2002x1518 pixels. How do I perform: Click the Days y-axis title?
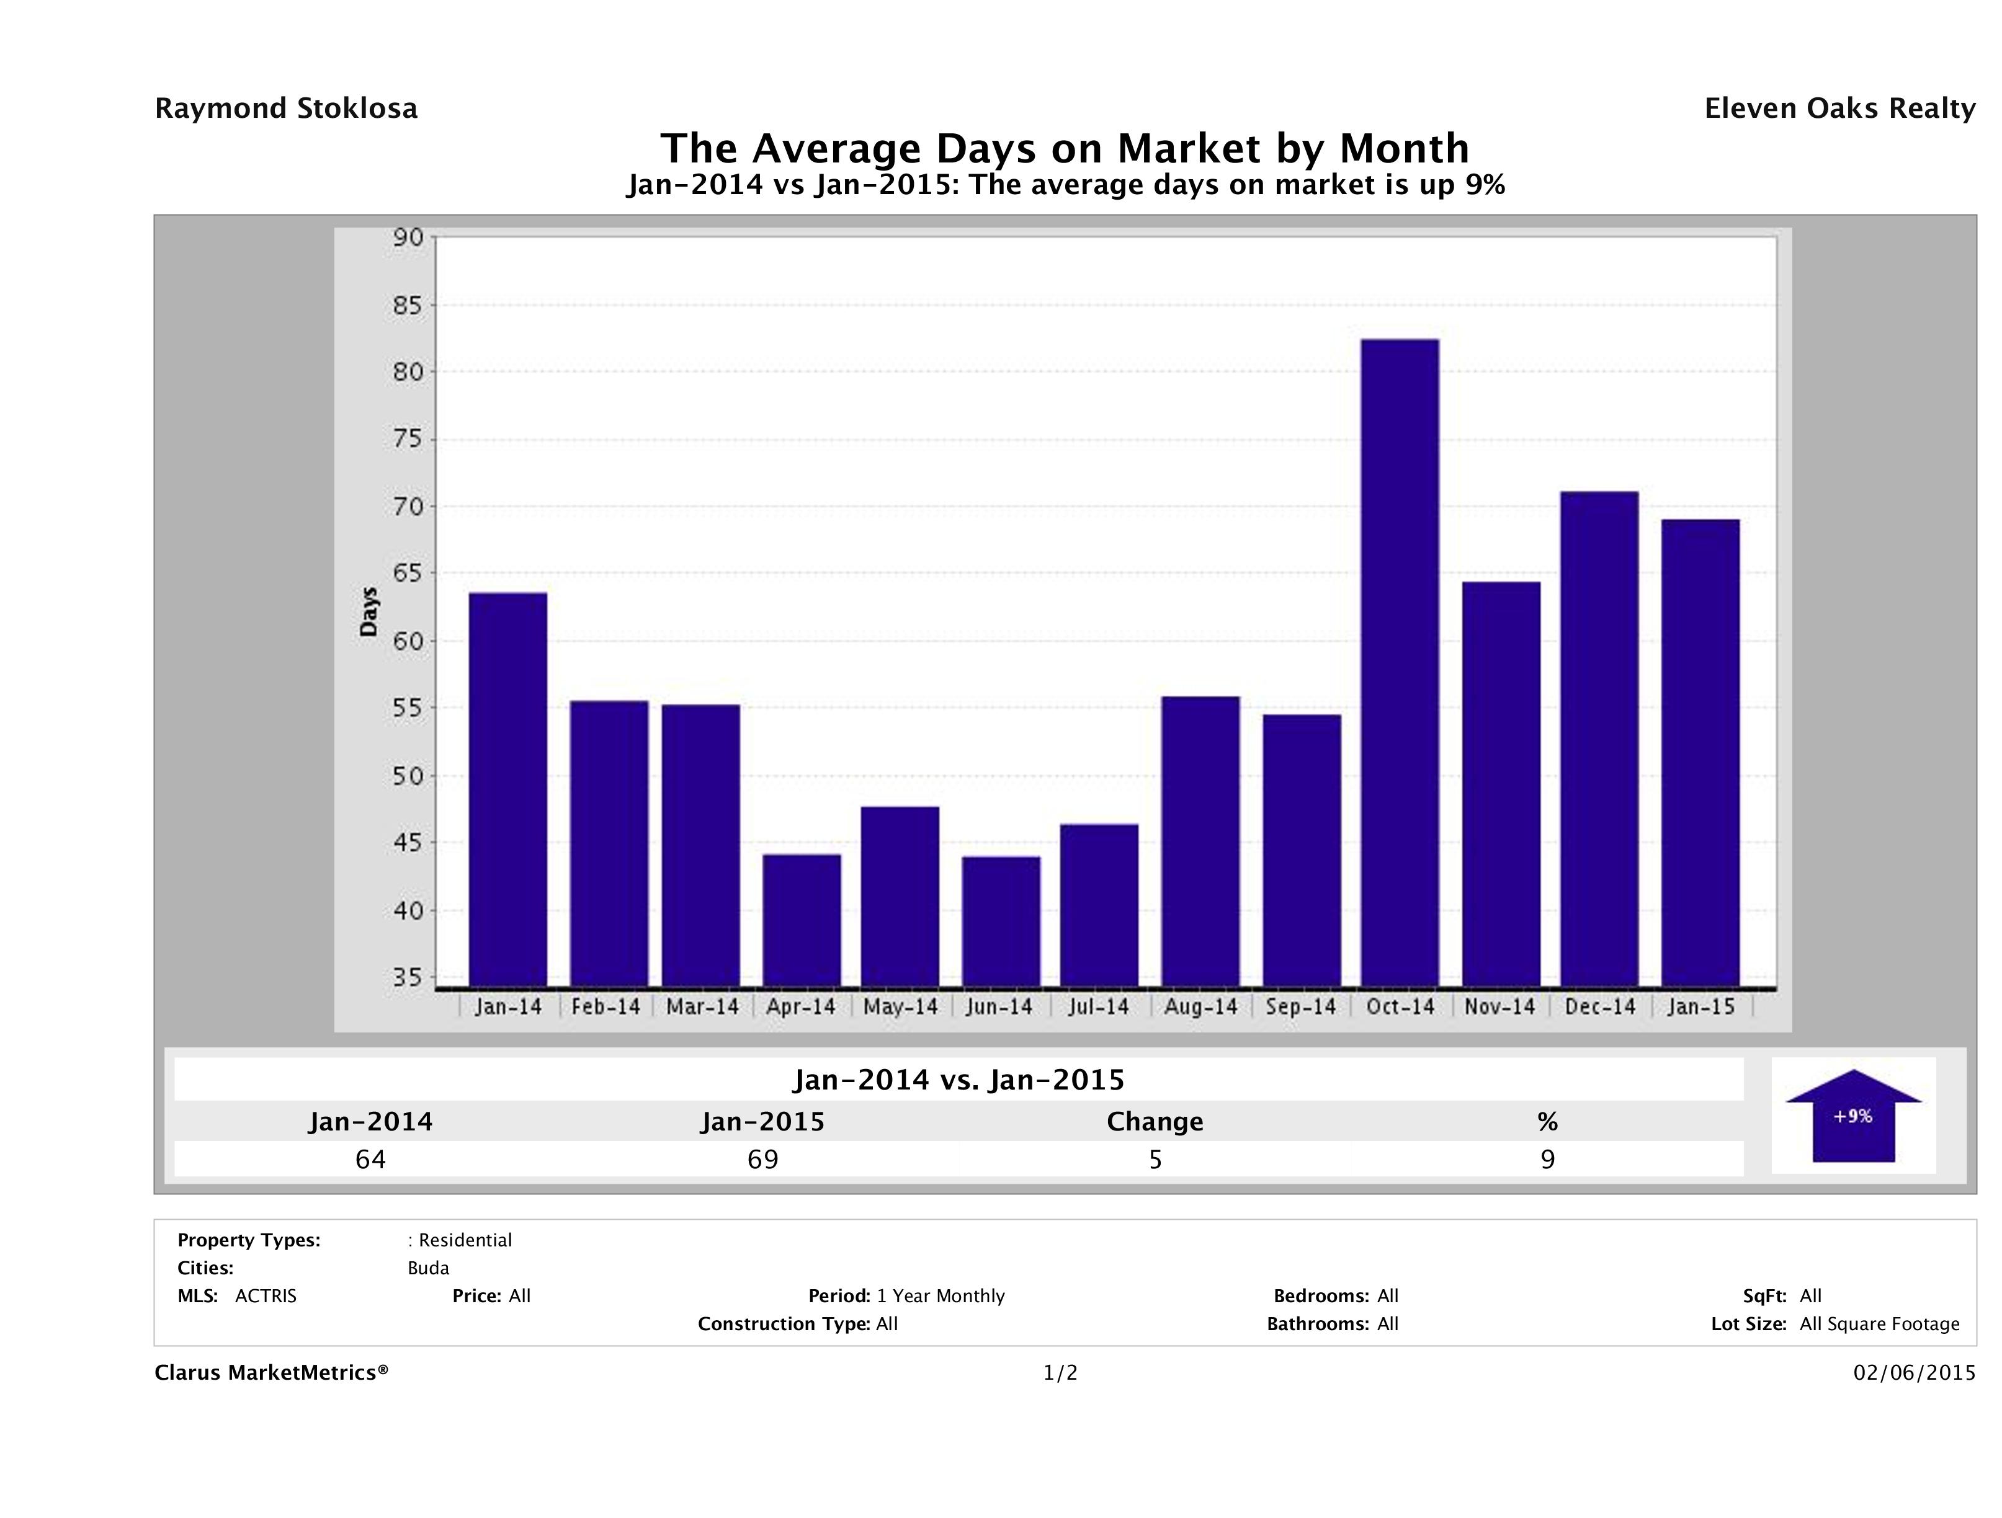[x=369, y=611]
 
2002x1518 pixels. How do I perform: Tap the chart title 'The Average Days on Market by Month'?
[x=1065, y=148]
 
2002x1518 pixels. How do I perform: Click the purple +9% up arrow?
[x=1852, y=1116]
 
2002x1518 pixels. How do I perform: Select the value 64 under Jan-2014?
[x=370, y=1159]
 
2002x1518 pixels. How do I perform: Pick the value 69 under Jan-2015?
[x=762, y=1159]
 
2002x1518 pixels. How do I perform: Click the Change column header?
[x=1155, y=1122]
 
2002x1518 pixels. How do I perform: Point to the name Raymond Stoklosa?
[x=286, y=109]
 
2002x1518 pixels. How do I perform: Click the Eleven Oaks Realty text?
[x=1839, y=109]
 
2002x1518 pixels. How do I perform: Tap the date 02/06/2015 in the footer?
[x=1914, y=1372]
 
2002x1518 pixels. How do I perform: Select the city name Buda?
[x=428, y=1267]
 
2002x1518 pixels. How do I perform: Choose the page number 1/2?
[x=1060, y=1372]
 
